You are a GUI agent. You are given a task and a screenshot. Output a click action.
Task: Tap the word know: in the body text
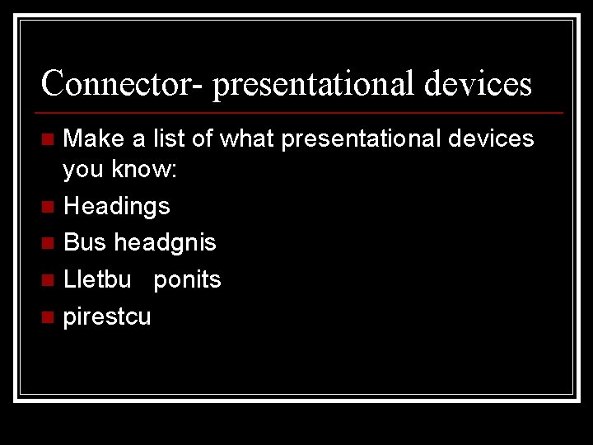(x=153, y=170)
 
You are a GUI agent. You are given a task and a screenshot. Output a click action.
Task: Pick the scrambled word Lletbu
(x=97, y=279)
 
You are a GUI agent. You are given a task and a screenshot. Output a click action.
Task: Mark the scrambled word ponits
(x=187, y=280)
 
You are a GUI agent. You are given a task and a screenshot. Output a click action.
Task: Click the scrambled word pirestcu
(x=107, y=317)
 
